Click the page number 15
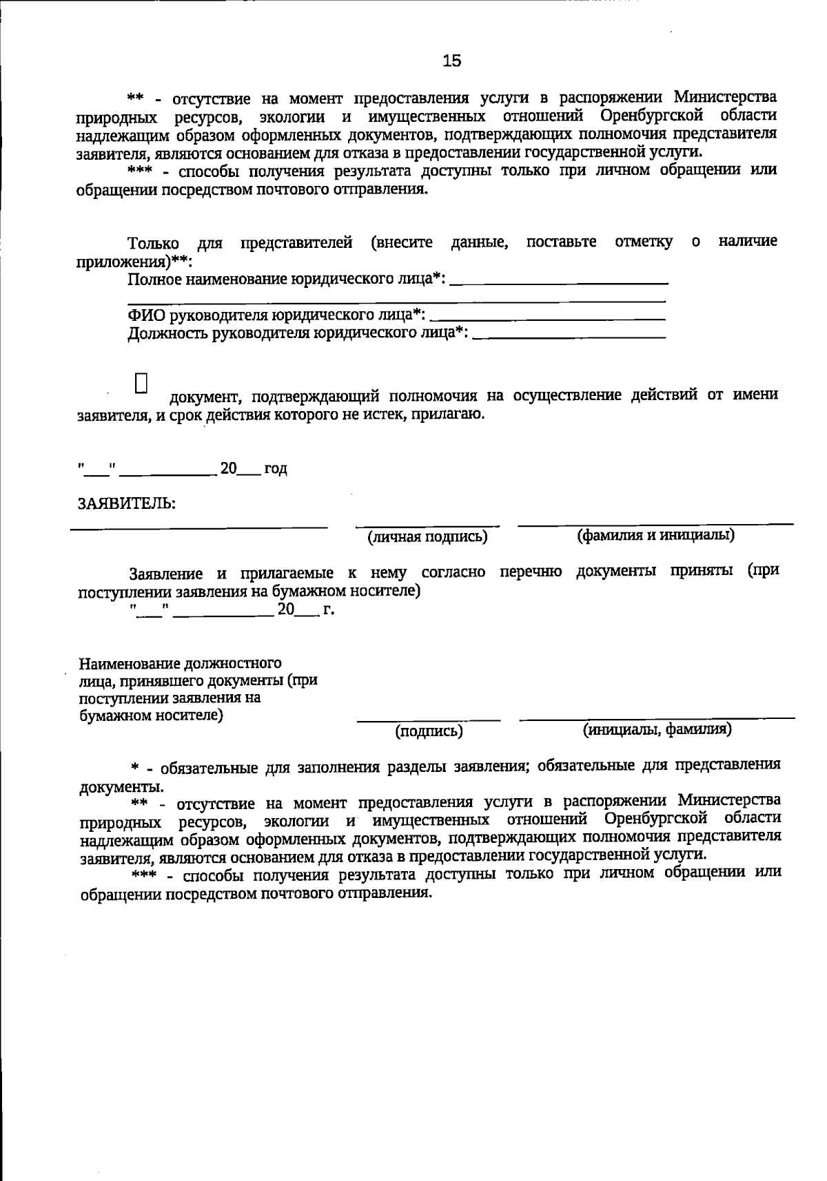point(451,61)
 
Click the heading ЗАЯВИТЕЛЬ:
point(126,503)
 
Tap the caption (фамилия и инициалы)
point(655,536)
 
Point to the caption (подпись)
point(429,731)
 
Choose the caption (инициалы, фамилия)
point(657,729)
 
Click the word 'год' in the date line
point(275,469)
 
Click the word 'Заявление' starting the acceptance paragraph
point(166,574)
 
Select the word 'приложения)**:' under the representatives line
point(134,262)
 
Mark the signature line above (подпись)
point(429,720)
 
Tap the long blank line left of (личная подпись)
point(199,528)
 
